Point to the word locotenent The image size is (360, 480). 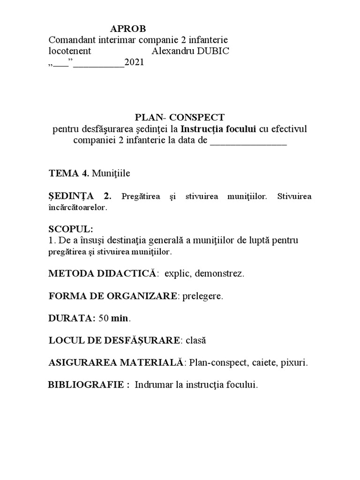(x=70, y=51)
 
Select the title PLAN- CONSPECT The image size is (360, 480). (x=180, y=118)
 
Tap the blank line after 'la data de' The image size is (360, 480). (x=248, y=141)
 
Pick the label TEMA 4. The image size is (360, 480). (x=69, y=173)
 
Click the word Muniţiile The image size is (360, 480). (x=111, y=173)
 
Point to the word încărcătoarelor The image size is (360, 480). (x=78, y=207)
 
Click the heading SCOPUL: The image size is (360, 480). (x=71, y=229)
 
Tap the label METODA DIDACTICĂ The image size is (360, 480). (x=102, y=273)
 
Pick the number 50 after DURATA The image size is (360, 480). (x=104, y=318)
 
